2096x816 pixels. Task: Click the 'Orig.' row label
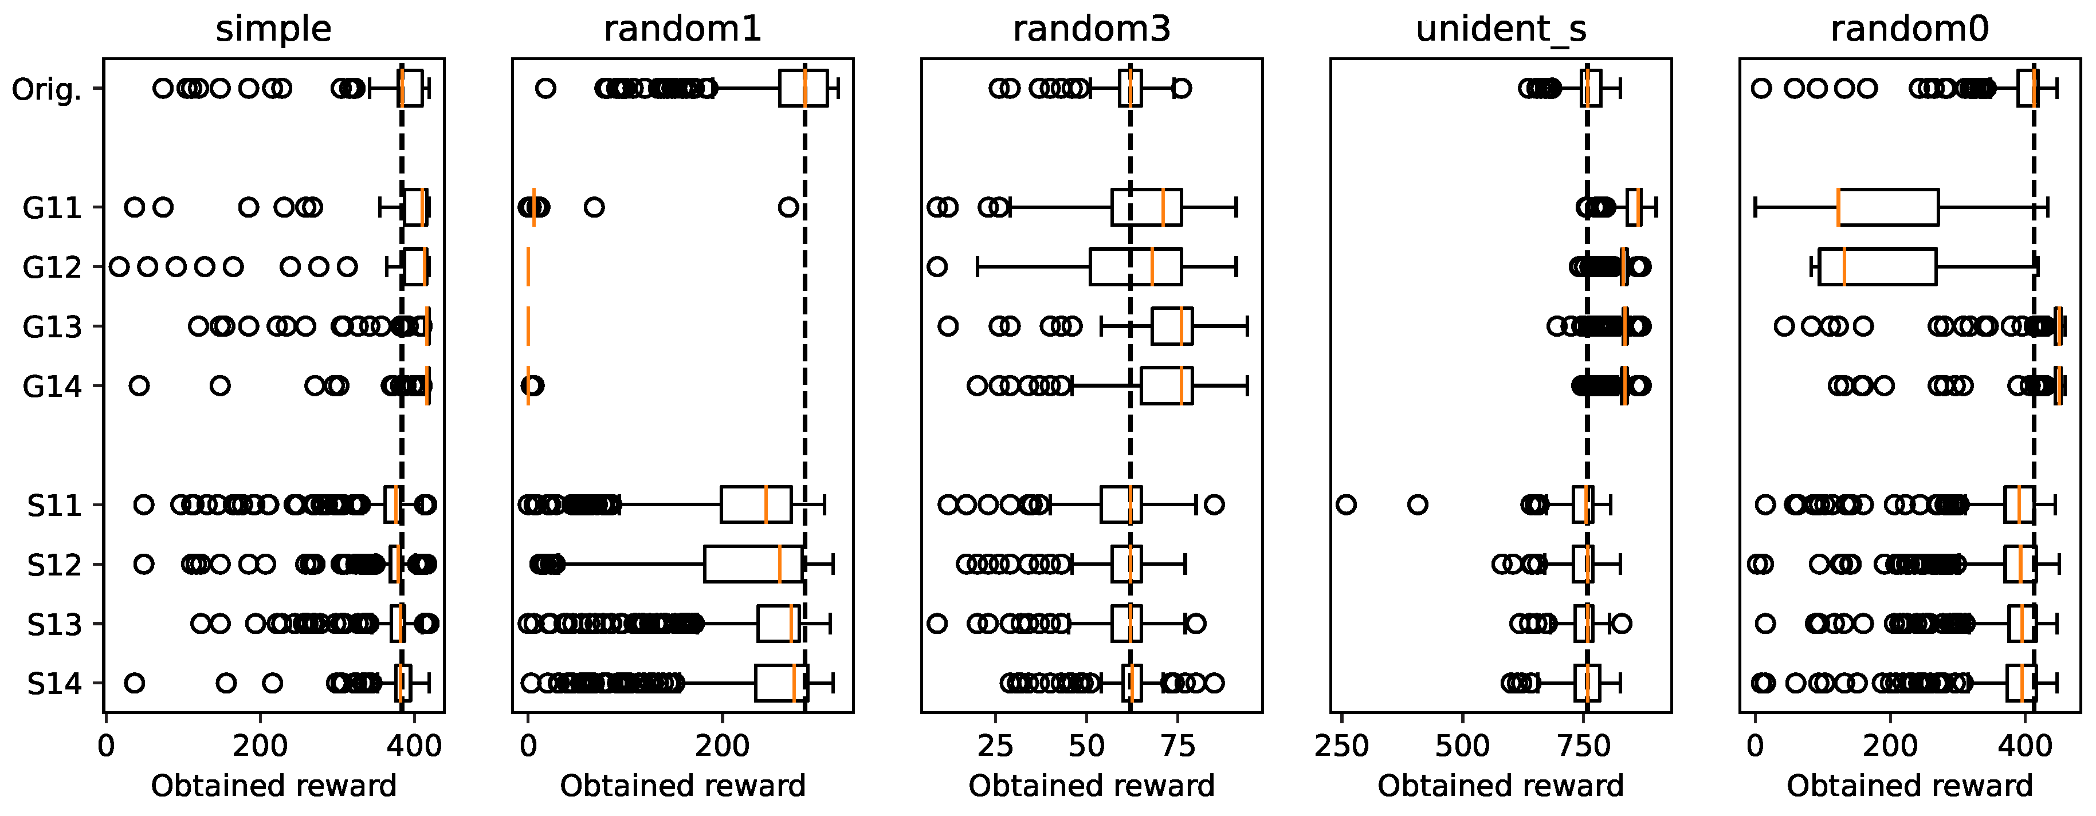pos(47,89)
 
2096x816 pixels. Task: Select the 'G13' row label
pos(52,327)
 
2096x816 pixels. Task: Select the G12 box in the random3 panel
pos(1135,267)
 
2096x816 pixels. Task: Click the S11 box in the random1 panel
pos(755,505)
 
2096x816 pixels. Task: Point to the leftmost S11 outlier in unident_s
pos(1347,505)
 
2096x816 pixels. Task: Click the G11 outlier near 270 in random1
pos(788,207)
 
